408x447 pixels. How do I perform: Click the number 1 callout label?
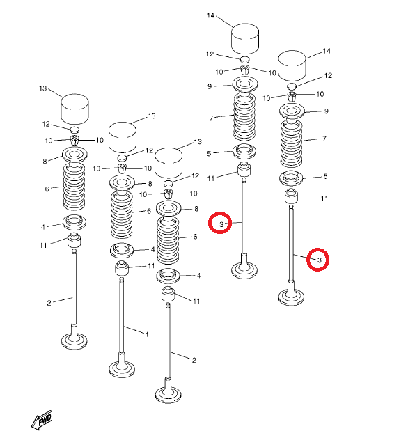click(147, 334)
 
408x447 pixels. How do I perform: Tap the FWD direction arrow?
click(42, 421)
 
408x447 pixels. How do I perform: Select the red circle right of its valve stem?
click(318, 259)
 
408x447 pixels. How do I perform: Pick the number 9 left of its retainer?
click(210, 86)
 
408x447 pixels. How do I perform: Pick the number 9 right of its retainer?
click(326, 111)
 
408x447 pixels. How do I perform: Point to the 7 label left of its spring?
click(211, 118)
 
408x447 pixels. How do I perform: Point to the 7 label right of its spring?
click(324, 139)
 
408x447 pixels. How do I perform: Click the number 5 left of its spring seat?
click(209, 154)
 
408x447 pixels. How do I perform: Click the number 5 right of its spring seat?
click(325, 176)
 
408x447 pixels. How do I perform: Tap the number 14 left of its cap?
click(211, 15)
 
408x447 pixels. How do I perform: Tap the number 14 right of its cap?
click(327, 51)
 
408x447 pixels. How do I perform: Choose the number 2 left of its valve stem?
click(49, 303)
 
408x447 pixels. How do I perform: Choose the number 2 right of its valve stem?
click(194, 360)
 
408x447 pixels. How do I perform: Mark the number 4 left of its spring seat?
click(43, 227)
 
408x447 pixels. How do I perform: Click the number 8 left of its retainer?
click(45, 162)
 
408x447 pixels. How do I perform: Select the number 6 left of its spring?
click(47, 189)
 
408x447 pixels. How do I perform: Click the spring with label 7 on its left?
click(244, 117)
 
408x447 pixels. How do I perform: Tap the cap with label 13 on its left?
click(75, 109)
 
